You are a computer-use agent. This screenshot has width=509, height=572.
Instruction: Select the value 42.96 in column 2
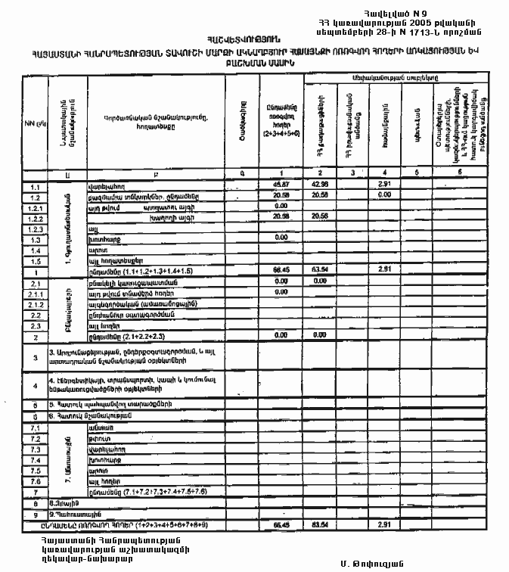[319, 185]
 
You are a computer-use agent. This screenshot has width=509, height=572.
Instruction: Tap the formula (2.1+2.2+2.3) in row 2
[129, 334]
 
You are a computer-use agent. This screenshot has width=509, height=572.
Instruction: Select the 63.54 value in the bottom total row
[319, 524]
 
